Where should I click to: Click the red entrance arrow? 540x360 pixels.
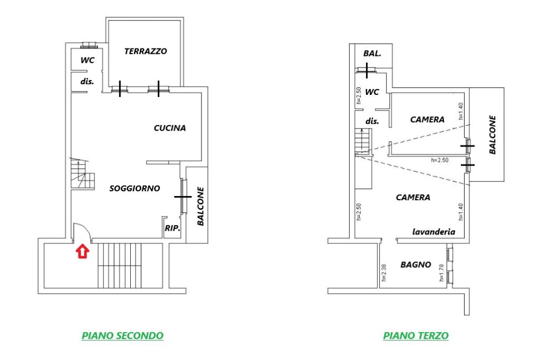coord(83,251)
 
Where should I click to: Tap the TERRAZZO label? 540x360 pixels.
coord(146,51)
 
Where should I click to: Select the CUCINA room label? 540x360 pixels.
coord(170,128)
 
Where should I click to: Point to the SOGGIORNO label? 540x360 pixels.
coord(134,188)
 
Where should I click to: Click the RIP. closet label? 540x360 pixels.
coord(172,228)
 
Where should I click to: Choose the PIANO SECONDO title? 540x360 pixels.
coord(122,336)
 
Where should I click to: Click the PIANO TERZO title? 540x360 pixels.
coord(416,336)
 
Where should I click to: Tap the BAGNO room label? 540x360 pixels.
coord(416,265)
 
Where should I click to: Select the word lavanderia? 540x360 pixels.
coord(433,232)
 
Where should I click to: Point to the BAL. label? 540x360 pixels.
coord(372,54)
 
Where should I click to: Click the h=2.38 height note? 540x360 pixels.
coord(384,272)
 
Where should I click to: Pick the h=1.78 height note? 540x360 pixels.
coord(441,273)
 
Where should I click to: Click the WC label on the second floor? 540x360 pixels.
coord(87,60)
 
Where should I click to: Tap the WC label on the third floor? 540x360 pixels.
coord(372,92)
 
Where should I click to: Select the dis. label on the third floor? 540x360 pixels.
coord(372,121)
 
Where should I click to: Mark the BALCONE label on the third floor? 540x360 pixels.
coord(493,135)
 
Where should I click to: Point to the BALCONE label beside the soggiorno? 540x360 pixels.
coord(200,207)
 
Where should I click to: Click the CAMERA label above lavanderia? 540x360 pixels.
coord(413,198)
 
